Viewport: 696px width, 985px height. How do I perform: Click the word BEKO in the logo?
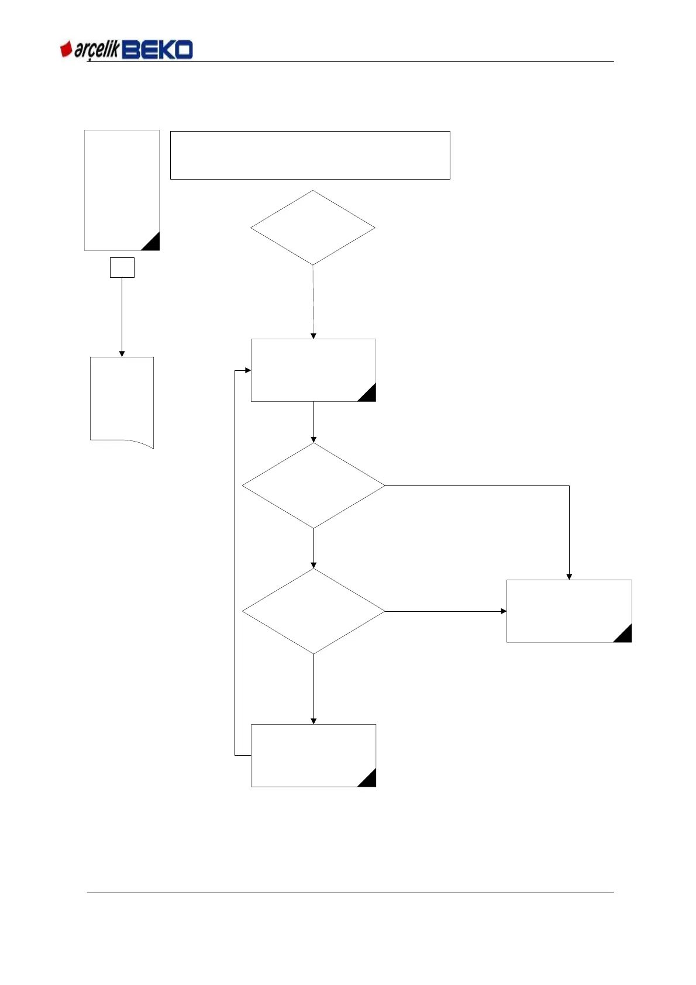[158, 50]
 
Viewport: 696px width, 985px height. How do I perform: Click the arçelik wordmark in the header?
[97, 51]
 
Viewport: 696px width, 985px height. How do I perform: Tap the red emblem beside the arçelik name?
[66, 50]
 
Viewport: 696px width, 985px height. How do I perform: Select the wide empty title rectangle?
[310, 155]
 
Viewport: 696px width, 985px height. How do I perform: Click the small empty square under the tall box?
[122, 267]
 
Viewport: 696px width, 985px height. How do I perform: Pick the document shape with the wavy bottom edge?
[122, 401]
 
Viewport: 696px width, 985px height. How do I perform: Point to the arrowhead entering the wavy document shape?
[122, 353]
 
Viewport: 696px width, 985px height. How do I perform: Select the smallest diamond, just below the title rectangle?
[313, 228]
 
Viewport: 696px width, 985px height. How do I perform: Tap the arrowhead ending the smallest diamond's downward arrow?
[313, 336]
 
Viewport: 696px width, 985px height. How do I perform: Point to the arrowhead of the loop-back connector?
[248, 370]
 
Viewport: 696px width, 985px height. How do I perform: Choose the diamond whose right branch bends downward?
[313, 485]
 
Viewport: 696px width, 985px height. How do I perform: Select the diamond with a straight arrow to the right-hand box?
[313, 611]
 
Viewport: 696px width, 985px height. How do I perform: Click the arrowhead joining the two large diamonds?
[313, 565]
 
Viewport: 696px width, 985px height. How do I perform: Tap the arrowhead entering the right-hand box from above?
[569, 577]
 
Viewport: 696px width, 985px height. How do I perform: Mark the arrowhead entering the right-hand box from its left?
[504, 611]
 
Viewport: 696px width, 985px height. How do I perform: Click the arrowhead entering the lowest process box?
[313, 721]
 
